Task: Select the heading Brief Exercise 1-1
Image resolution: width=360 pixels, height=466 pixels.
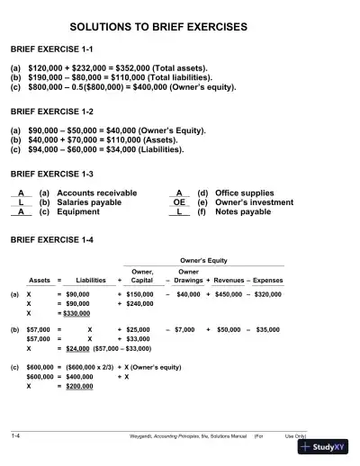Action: (51, 51)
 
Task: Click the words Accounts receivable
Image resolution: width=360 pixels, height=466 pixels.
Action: (97, 193)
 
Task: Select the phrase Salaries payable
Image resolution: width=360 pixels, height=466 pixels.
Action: (90, 202)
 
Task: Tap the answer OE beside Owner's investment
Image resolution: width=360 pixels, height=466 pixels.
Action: (179, 202)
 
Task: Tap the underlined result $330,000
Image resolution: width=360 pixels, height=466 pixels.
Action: (79, 315)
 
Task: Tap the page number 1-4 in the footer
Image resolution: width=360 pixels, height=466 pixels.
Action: (16, 435)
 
